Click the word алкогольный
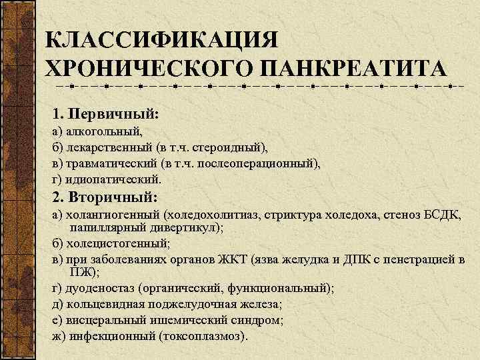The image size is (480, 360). click(100, 133)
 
